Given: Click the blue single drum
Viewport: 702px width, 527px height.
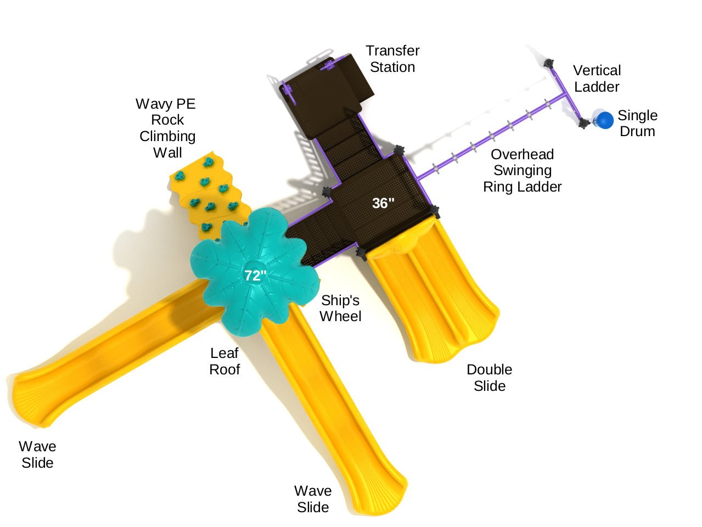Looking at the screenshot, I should [605, 120].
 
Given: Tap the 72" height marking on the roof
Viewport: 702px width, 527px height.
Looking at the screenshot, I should [255, 276].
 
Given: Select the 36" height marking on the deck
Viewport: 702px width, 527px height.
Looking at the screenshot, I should [383, 204].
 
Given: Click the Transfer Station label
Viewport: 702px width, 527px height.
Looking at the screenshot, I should [392, 59].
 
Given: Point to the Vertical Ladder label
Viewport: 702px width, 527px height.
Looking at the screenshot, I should [597, 79].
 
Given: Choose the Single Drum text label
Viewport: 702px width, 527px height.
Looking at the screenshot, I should [637, 124].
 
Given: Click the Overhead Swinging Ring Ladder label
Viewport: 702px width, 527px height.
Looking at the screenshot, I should [522, 171].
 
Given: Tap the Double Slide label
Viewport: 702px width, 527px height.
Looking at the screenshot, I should [489, 378].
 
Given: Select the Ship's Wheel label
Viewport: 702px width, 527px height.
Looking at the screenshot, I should [340, 308].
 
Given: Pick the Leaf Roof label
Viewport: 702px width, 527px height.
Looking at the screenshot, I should [224, 361].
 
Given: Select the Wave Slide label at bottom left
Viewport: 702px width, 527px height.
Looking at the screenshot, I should [37, 455].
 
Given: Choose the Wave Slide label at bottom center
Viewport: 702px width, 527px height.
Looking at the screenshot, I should [313, 499].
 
